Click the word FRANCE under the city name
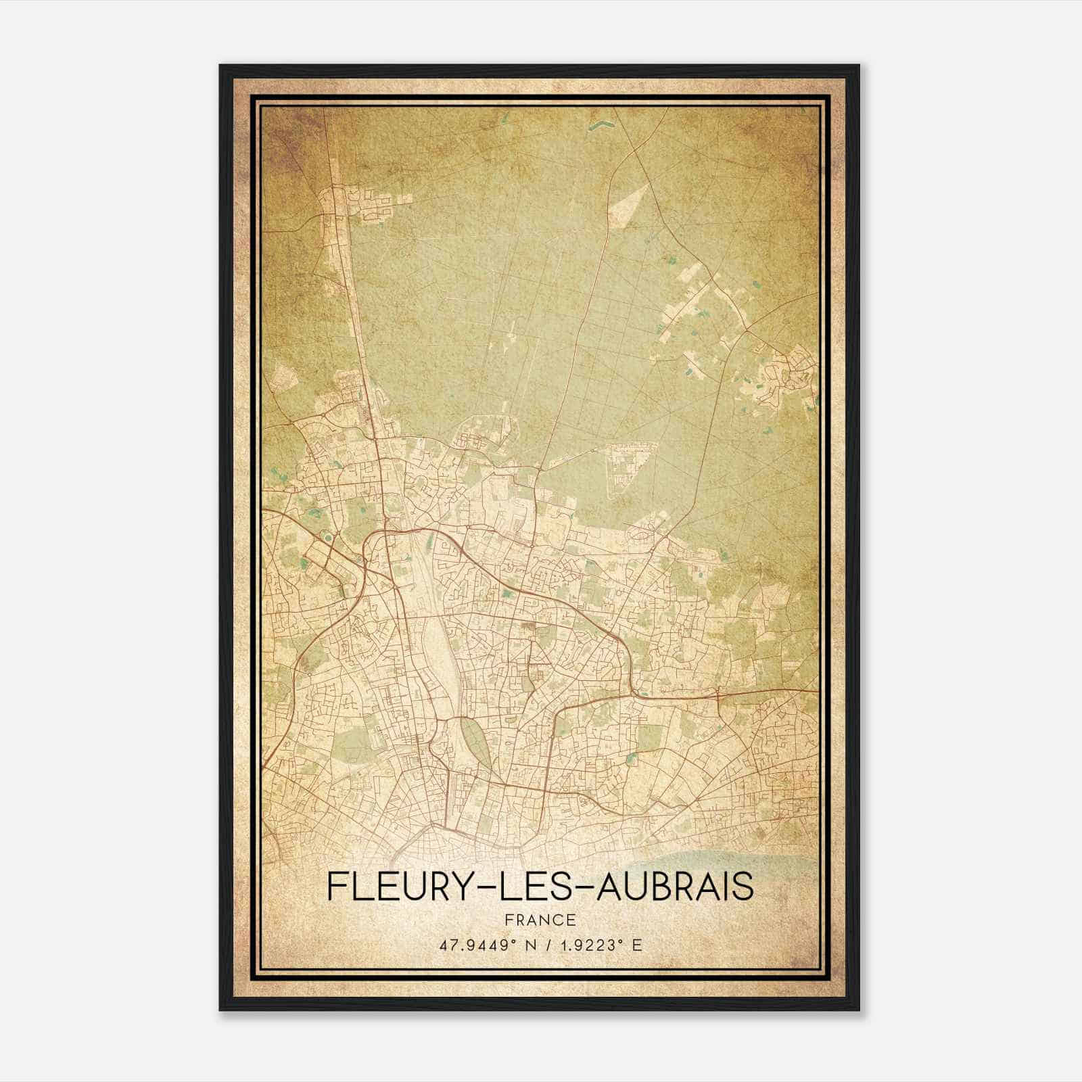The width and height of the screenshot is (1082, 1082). tap(539, 920)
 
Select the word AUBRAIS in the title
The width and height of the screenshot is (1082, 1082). tap(676, 887)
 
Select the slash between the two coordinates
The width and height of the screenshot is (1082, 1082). tap(541, 945)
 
